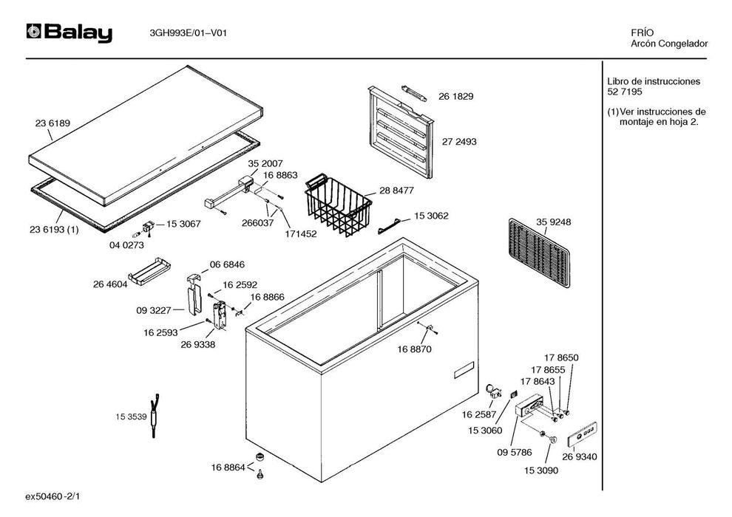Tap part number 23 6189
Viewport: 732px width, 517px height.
click(x=52, y=123)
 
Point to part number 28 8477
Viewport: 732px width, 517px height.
click(x=397, y=190)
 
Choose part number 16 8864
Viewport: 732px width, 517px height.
click(x=228, y=468)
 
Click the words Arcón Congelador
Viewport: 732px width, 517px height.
click(x=669, y=44)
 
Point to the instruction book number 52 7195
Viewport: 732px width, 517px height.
click(x=625, y=92)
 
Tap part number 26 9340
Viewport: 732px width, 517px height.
click(x=579, y=456)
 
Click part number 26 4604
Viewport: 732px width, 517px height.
click(x=110, y=283)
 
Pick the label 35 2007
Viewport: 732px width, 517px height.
click(x=265, y=163)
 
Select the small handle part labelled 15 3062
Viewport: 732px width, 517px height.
click(x=391, y=225)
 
